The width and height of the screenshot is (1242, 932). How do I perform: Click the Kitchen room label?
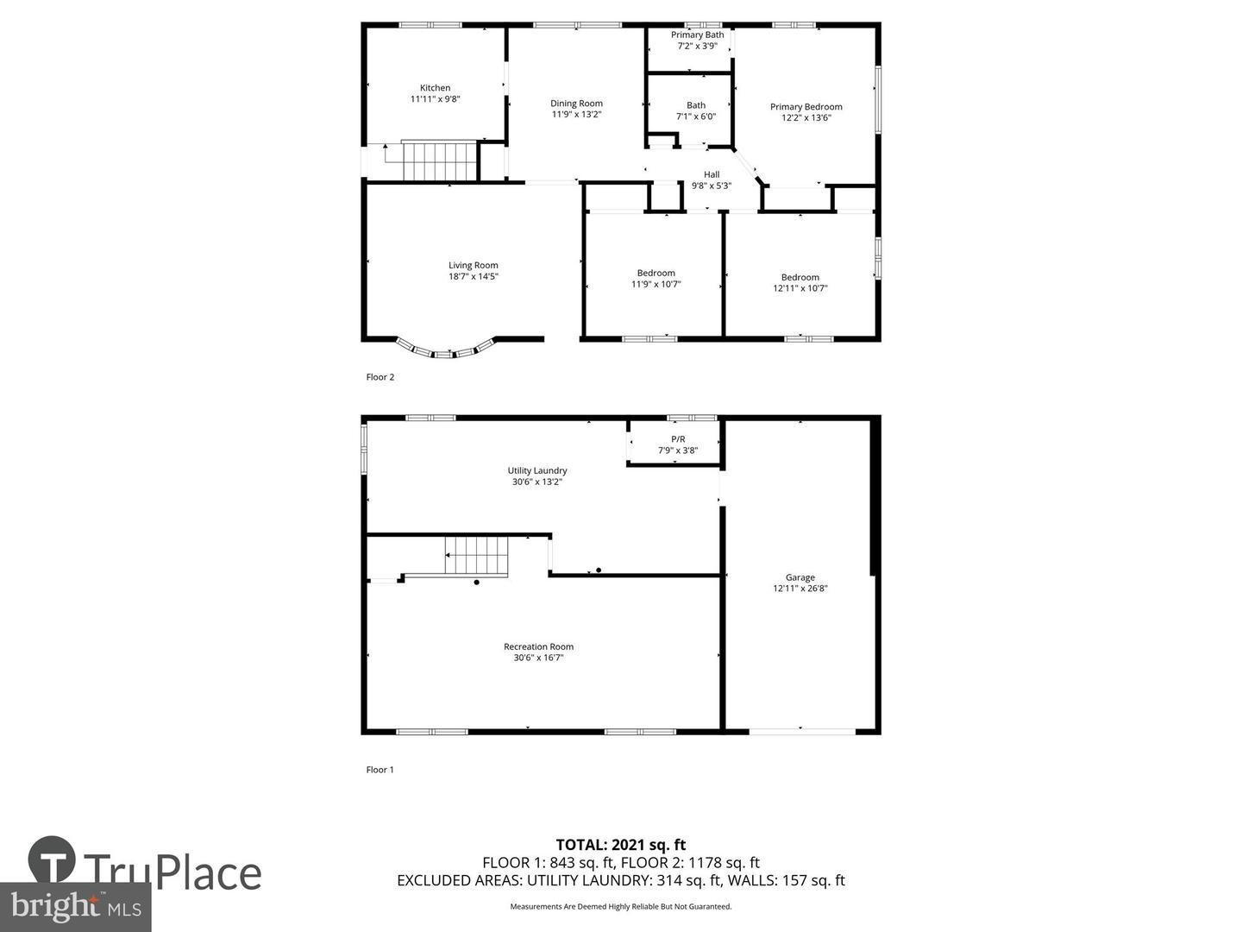[x=435, y=88]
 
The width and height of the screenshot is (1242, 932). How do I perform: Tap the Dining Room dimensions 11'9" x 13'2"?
[x=576, y=115]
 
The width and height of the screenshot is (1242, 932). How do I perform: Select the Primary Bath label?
[x=697, y=35]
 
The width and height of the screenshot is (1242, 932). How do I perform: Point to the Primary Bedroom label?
[x=806, y=107]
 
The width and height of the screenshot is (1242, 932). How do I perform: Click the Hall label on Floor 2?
[x=711, y=174]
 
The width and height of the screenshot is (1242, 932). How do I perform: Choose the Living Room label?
[x=473, y=266]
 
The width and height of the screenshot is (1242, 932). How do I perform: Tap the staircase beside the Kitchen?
[x=439, y=161]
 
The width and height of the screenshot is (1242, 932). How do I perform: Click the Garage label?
[x=800, y=578]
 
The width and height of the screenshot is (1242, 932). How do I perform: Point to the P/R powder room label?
[x=678, y=439]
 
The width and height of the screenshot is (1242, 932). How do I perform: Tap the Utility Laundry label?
[x=536, y=471]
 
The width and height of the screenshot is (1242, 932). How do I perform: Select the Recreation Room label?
[x=538, y=647]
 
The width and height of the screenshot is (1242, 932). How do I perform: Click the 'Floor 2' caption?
[x=379, y=377]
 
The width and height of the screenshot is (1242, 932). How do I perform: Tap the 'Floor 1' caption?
[x=379, y=770]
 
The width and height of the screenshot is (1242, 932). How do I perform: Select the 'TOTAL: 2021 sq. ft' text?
[x=620, y=845]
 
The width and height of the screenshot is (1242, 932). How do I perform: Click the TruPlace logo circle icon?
[x=52, y=860]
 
